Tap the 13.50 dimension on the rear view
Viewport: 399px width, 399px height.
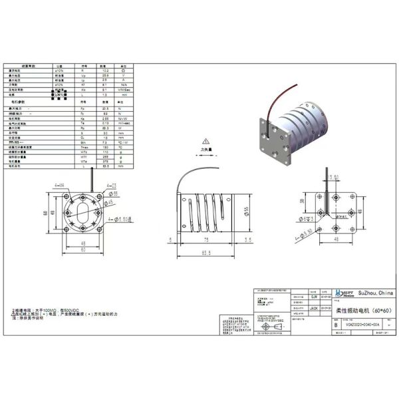click(334, 178)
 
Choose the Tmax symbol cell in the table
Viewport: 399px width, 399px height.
click(83, 147)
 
